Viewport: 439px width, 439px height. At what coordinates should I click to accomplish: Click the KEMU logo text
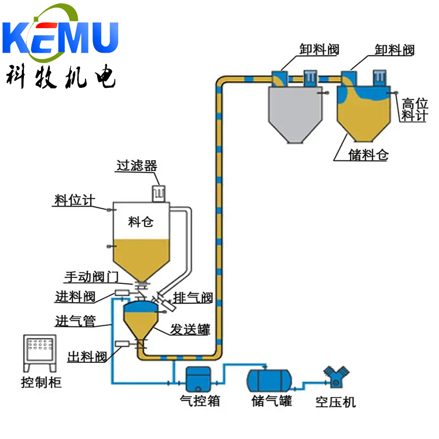click(60, 37)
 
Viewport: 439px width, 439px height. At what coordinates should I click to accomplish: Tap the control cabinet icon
click(40, 353)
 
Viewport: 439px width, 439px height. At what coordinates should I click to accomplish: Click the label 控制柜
click(41, 382)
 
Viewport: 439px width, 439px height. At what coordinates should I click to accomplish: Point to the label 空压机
click(335, 402)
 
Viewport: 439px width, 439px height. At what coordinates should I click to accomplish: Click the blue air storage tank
click(269, 380)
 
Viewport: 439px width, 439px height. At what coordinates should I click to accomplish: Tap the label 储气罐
click(272, 400)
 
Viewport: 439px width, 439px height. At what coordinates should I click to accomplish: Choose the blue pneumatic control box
click(198, 379)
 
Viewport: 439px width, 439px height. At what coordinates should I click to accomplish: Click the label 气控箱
click(200, 400)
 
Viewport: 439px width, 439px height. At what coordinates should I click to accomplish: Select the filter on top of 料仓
click(159, 194)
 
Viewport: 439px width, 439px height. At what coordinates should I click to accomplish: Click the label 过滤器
click(137, 166)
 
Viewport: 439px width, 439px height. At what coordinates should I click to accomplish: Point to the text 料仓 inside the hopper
click(141, 222)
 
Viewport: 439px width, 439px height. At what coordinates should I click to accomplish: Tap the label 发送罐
click(190, 329)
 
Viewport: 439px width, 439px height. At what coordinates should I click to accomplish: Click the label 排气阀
click(193, 297)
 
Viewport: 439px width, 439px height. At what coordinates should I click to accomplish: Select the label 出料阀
click(87, 356)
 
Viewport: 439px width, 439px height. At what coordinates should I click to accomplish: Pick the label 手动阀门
click(91, 277)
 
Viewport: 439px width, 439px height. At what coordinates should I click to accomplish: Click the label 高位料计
click(414, 109)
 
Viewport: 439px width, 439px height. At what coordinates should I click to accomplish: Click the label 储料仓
click(368, 155)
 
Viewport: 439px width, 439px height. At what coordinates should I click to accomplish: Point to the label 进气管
click(76, 321)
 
